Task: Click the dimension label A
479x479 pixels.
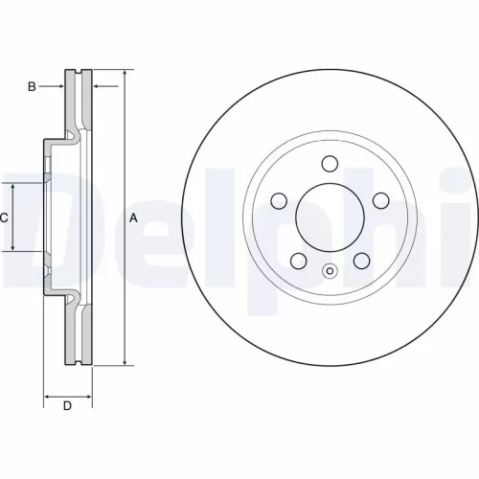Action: pyautogui.click(x=134, y=218)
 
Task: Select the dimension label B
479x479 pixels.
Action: pyautogui.click(x=32, y=87)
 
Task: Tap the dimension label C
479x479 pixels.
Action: pyautogui.click(x=5, y=217)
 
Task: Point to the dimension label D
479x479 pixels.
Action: pyautogui.click(x=67, y=407)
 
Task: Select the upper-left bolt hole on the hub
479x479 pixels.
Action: pyautogui.click(x=280, y=200)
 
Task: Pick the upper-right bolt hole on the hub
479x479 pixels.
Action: pyautogui.click(x=380, y=199)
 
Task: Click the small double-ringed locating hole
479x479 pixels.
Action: pyautogui.click(x=331, y=269)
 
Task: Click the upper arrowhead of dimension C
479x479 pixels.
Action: pyautogui.click(x=12, y=186)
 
